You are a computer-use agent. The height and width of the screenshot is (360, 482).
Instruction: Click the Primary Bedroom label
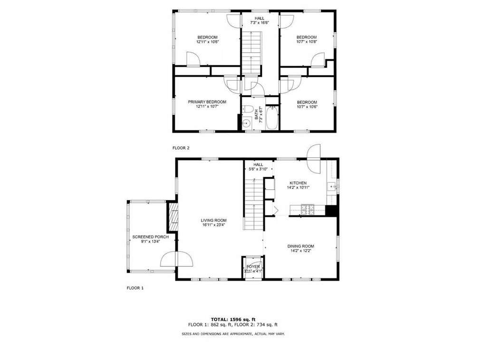click(x=207, y=102)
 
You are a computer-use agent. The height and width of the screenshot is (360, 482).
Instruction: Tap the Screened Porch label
click(x=150, y=237)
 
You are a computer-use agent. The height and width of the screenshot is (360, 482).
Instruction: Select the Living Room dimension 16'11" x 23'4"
click(x=213, y=225)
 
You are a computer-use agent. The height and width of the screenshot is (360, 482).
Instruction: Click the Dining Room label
click(x=300, y=246)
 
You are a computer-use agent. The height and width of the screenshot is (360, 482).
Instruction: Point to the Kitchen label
click(x=298, y=183)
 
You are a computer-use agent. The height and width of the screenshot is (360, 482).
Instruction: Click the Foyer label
click(x=253, y=266)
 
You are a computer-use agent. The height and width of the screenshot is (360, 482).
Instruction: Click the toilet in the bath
click(x=247, y=110)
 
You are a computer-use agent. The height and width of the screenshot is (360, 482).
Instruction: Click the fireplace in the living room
click(x=173, y=217)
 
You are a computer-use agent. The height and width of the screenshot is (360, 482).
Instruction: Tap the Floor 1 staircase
click(x=253, y=204)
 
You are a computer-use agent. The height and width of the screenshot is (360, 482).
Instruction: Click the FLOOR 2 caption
click(x=181, y=148)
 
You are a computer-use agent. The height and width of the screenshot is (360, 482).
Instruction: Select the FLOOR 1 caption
click(x=135, y=288)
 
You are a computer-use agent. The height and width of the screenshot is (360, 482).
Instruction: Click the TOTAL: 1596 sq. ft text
click(x=233, y=319)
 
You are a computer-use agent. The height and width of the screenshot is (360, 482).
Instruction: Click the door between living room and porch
click(x=177, y=259)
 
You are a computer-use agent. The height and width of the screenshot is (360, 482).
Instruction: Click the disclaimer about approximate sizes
click(x=233, y=334)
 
